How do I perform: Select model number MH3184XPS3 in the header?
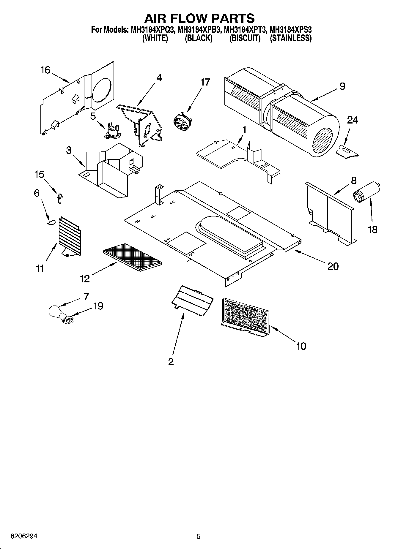(290, 30)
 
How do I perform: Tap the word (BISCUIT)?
(245, 38)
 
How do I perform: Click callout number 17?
(205, 82)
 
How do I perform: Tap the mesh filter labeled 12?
(132, 257)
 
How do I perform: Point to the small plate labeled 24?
(347, 151)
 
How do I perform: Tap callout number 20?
(333, 266)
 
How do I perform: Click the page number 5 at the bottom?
(199, 536)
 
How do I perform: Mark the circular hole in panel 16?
(102, 89)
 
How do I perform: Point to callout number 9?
(342, 86)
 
